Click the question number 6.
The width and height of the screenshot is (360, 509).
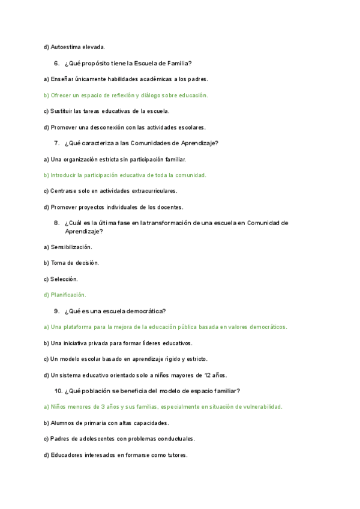pos(56,63)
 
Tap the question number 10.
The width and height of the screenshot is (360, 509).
pos(58,391)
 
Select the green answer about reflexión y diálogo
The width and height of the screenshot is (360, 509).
pos(126,95)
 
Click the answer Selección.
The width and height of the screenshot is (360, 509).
pos(64,279)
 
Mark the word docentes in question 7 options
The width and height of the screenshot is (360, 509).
pos(170,207)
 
